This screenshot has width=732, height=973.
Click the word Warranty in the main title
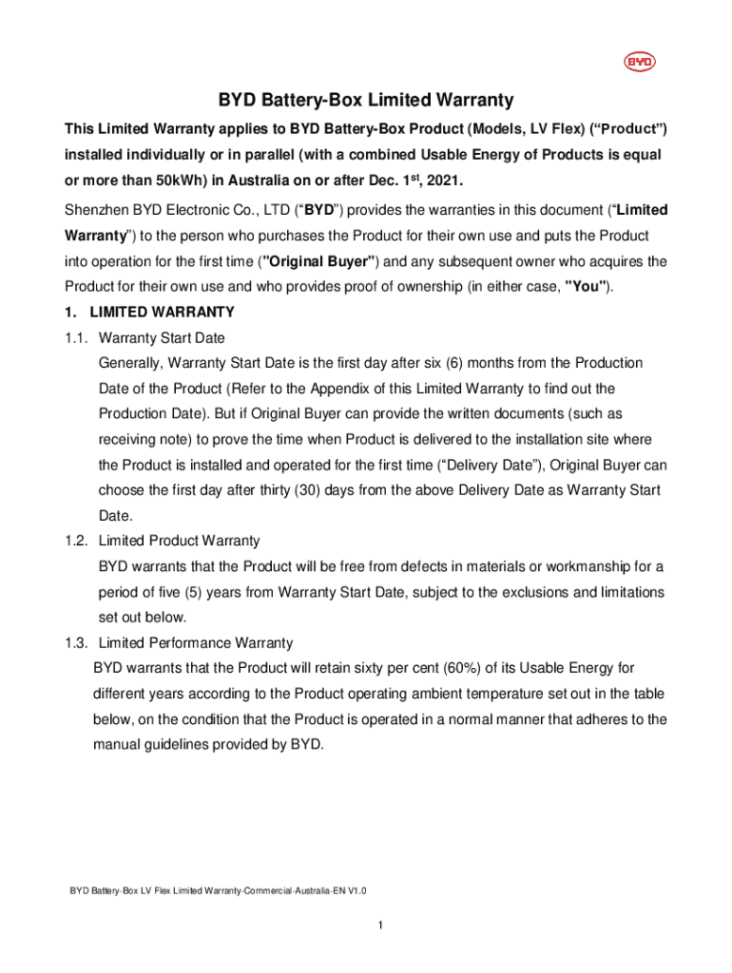[474, 101]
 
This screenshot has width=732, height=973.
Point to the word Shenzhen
[96, 209]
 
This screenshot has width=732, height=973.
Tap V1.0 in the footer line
[354, 891]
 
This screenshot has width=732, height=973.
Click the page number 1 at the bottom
[379, 926]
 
